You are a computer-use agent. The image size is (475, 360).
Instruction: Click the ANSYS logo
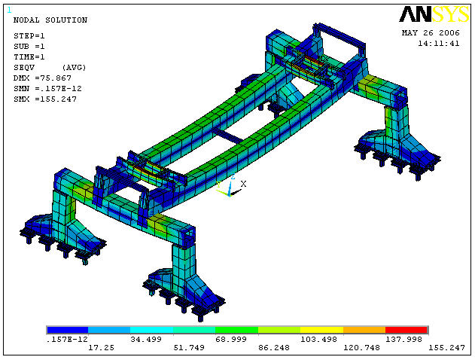(434, 14)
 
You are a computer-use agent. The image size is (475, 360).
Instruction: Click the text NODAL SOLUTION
(50, 20)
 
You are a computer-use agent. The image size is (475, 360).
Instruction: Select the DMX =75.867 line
(42, 78)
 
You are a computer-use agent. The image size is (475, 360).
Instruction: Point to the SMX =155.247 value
(45, 99)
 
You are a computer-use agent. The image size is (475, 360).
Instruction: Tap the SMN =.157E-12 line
(47, 88)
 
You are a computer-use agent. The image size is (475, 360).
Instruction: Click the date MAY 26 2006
(431, 32)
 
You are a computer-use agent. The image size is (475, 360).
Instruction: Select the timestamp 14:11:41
(439, 44)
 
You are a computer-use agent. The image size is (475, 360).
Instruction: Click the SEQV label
(24, 68)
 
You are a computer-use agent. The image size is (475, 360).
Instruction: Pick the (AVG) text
(74, 68)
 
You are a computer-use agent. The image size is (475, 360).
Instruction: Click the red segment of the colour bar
(406, 330)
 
